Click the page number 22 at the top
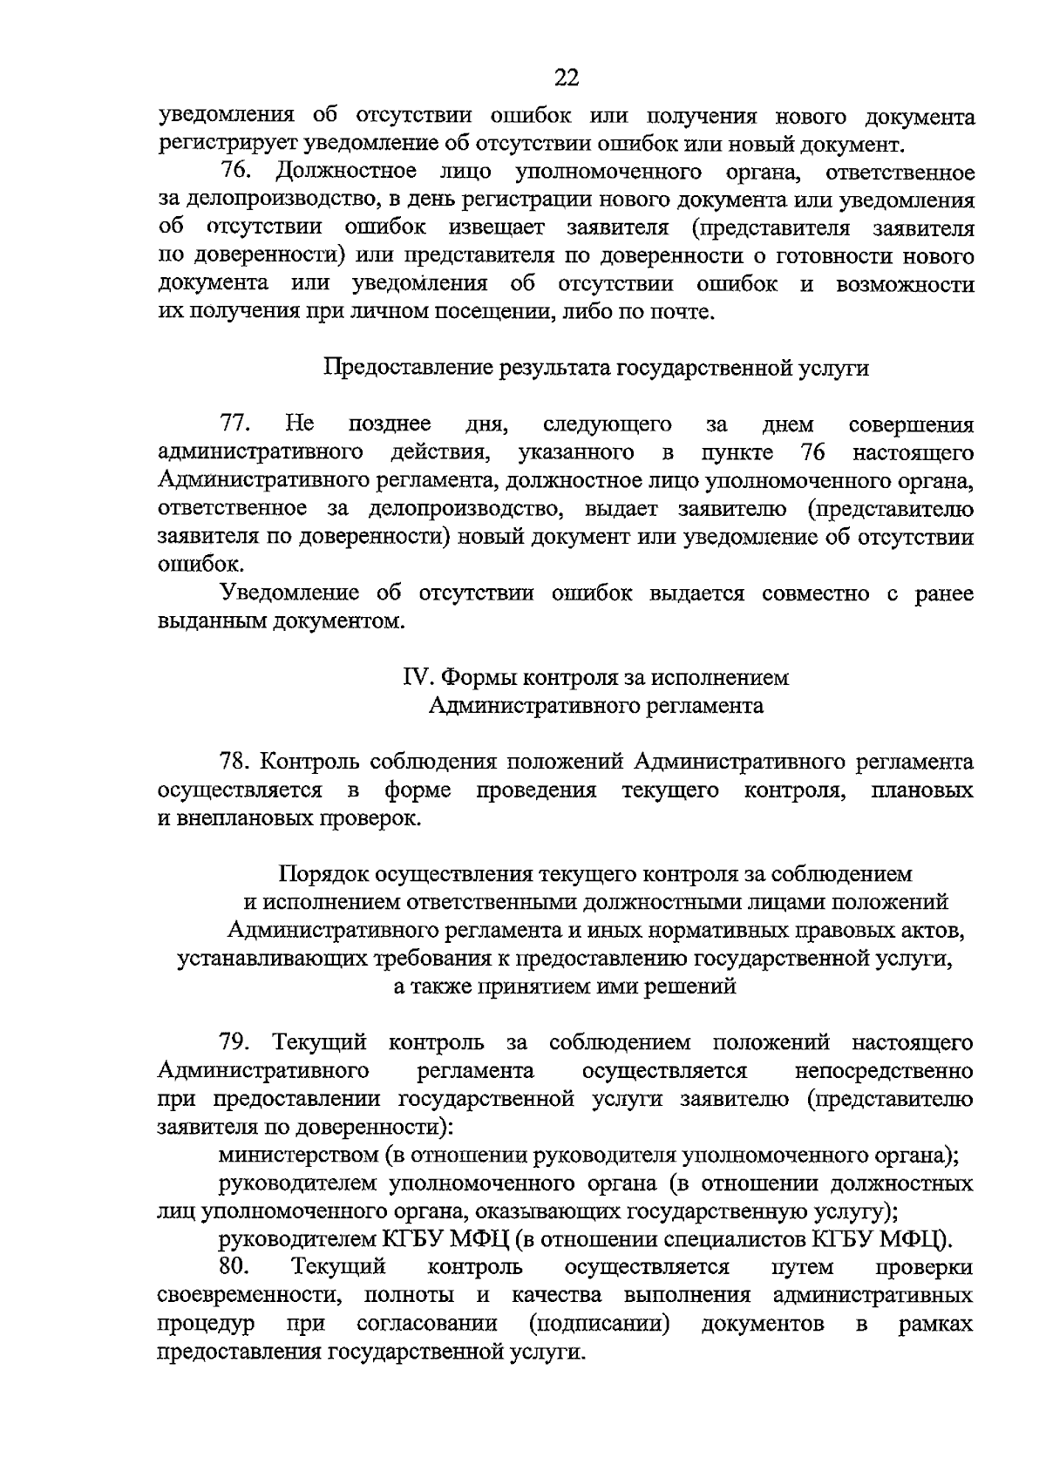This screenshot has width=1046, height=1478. pyautogui.click(x=567, y=79)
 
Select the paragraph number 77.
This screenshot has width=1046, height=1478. pyautogui.click(x=235, y=424)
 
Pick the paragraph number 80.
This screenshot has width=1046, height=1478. pyautogui.click(x=235, y=1266)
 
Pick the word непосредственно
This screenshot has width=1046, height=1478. pyautogui.click(x=884, y=1070)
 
